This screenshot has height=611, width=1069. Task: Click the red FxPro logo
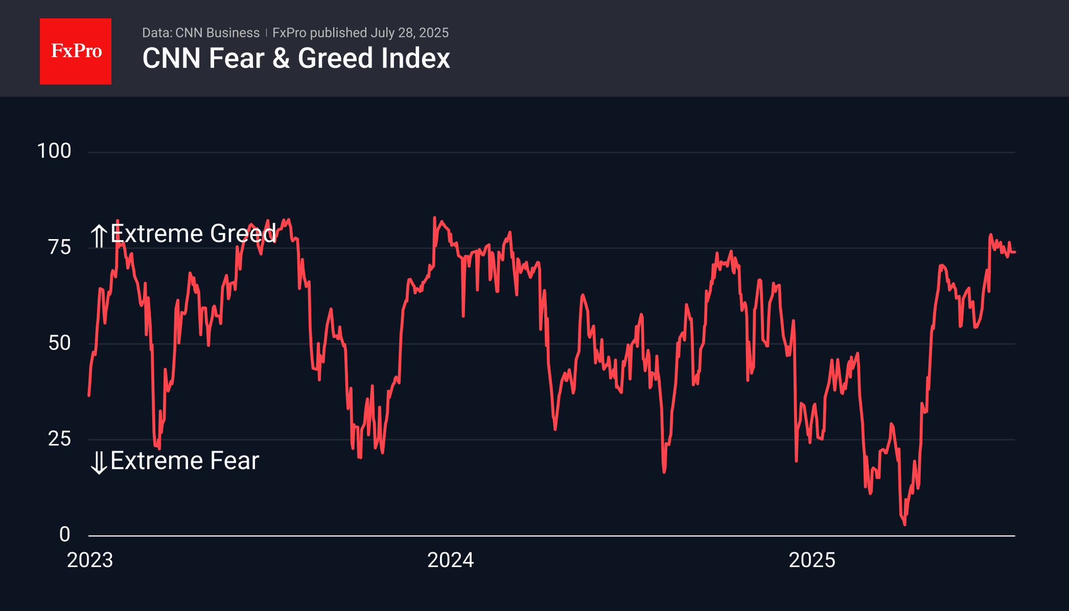click(x=76, y=52)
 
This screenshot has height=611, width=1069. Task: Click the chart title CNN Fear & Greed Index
click(x=296, y=58)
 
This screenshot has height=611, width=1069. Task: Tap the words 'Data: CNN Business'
click(x=201, y=33)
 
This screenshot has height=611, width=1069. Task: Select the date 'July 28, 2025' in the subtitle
click(x=409, y=33)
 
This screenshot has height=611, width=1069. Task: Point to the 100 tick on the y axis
click(x=54, y=151)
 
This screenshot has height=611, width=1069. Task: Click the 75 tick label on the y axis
click(x=59, y=247)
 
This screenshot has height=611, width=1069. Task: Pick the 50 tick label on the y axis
click(x=59, y=343)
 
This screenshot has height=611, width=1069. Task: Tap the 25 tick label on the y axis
click(x=59, y=439)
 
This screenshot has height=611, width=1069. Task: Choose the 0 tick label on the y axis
click(x=64, y=534)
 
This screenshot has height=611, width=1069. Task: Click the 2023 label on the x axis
click(x=90, y=560)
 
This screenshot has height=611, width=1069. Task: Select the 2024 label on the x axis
click(x=450, y=560)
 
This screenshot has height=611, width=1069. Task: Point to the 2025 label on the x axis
click(x=811, y=560)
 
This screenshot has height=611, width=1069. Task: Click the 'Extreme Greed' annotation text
click(x=193, y=234)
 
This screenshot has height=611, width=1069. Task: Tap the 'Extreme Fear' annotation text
click(x=184, y=461)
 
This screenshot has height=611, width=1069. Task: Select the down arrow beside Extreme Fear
click(x=99, y=462)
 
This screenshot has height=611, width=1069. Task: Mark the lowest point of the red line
click(x=904, y=524)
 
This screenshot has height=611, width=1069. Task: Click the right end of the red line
click(x=1014, y=252)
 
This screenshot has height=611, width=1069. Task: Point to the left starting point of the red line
click(x=89, y=395)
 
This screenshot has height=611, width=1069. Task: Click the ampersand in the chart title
click(x=281, y=58)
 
